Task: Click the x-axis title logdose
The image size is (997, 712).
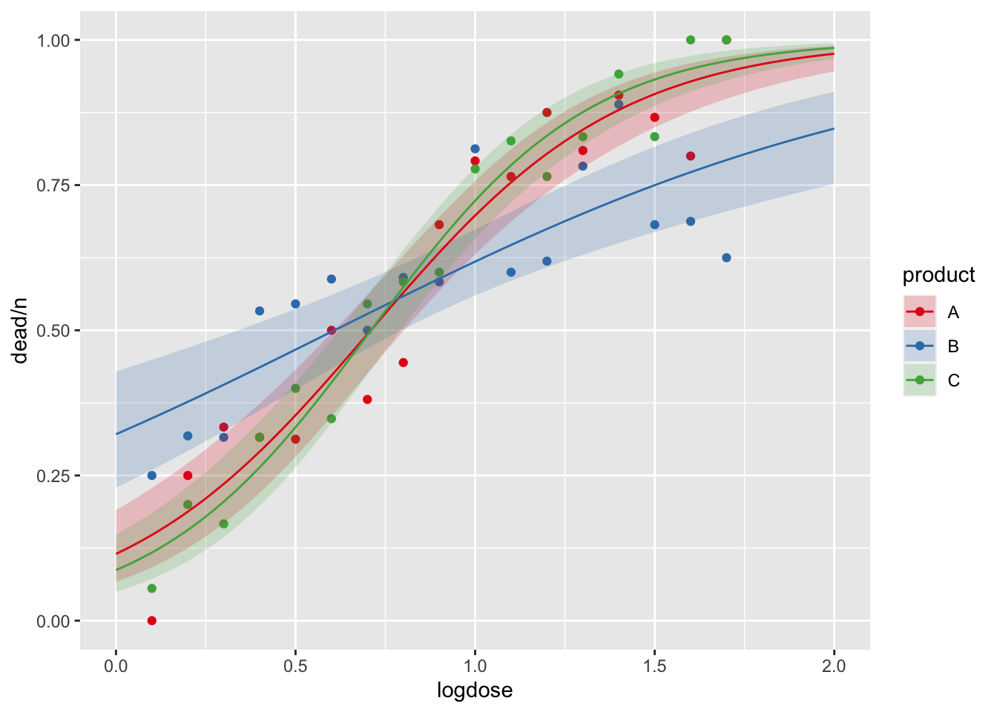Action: (475, 691)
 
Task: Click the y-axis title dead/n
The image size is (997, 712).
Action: (21, 329)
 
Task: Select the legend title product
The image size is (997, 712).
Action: (938, 275)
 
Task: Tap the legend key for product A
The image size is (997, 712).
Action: (920, 312)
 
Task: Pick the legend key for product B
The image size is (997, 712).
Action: (920, 346)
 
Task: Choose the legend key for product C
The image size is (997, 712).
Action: (920, 380)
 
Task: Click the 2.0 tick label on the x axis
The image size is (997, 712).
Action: (834, 666)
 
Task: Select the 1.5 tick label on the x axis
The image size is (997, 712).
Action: (654, 666)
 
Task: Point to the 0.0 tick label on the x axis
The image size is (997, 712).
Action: (116, 666)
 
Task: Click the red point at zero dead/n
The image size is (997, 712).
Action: (152, 621)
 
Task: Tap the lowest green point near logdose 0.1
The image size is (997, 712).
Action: (152, 588)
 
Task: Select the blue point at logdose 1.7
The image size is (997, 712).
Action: (726, 257)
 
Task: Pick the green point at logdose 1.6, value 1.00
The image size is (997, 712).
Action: (691, 39)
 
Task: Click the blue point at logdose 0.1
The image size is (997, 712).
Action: (152, 475)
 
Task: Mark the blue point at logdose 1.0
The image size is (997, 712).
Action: (475, 149)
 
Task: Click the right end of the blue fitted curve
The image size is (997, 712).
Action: (834, 128)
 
